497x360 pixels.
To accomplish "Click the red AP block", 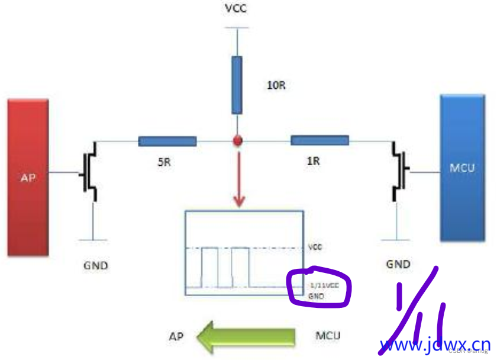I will pos(28,178).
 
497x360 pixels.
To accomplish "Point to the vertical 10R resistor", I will pos(237,85).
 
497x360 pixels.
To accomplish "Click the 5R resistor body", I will pos(167,141).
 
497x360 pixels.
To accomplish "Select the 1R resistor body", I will pos(319,140).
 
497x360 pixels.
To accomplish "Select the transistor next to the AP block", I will pos(90,172).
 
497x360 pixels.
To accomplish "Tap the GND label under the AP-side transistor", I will pos(95,265).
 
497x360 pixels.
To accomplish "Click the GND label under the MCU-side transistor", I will pos(398,263).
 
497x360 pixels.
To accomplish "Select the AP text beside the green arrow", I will pos(175,337).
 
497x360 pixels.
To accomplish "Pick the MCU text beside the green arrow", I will pos(328,336).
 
